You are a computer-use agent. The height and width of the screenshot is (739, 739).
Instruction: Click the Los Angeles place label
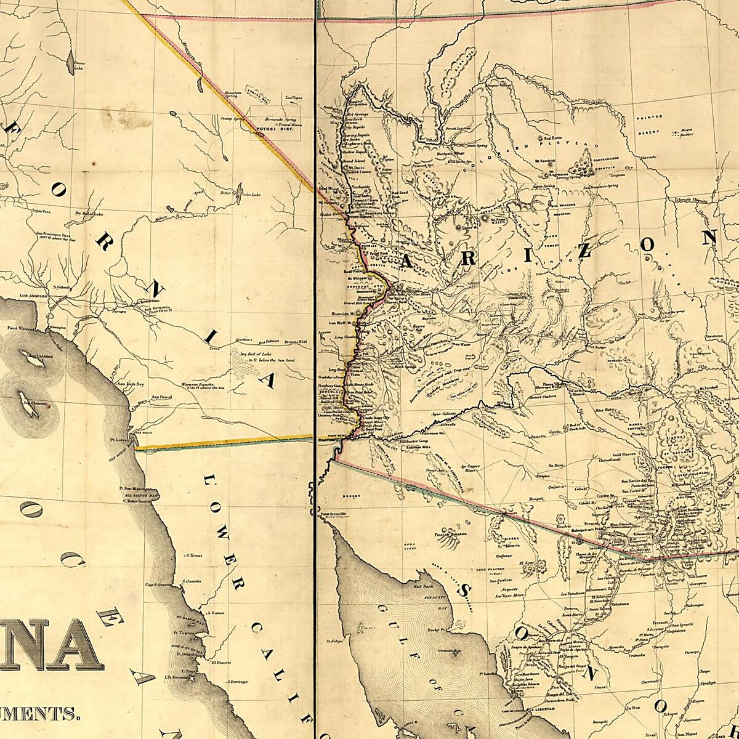(x=34, y=296)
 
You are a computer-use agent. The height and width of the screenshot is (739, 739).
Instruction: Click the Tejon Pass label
(x=41, y=211)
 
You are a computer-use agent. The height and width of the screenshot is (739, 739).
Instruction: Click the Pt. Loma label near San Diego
(x=119, y=440)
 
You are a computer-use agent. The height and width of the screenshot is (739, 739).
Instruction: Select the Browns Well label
(x=295, y=341)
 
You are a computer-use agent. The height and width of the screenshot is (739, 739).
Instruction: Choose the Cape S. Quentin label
(x=158, y=584)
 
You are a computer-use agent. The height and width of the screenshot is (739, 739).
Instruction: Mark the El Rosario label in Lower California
(x=220, y=663)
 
